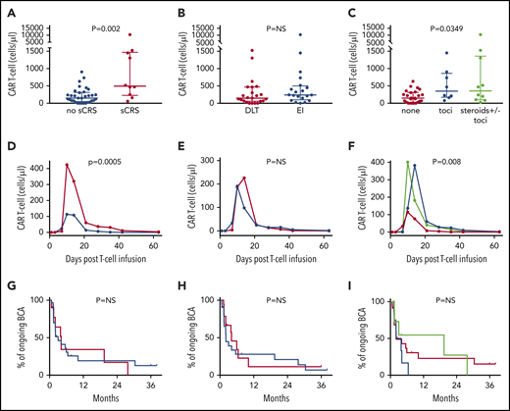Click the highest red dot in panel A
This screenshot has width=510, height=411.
pos(127,35)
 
